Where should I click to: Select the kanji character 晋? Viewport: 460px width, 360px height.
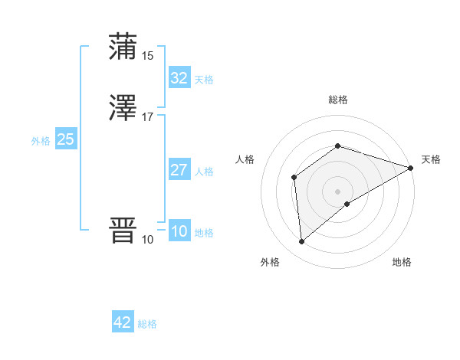tap(123, 231)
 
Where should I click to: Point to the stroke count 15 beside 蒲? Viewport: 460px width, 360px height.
tap(147, 55)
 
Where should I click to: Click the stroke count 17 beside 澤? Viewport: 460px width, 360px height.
tap(147, 117)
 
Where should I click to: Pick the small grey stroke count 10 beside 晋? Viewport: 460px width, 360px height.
tap(147, 240)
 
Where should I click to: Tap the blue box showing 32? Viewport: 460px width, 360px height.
tap(179, 78)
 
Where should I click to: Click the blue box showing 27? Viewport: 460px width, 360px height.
tap(179, 170)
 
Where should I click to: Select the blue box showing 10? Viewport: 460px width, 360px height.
tap(179, 232)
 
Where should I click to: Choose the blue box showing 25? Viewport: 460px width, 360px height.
tap(65, 139)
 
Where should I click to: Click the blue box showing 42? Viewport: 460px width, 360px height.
tap(123, 323)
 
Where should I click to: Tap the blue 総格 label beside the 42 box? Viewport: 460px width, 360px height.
tap(147, 325)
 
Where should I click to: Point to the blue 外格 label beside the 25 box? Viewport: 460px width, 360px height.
tap(40, 141)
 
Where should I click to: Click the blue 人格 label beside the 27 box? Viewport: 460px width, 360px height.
tap(205, 172)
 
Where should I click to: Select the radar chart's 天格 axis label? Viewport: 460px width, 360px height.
tap(431, 159)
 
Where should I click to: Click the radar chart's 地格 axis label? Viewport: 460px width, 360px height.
tap(402, 262)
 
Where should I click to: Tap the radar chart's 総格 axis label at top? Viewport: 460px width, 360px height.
tap(337, 100)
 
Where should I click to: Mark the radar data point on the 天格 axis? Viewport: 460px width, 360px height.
tap(412, 167)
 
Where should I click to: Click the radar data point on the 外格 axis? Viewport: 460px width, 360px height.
tap(301, 242)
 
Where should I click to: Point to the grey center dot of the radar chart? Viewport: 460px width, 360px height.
tap(337, 191)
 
